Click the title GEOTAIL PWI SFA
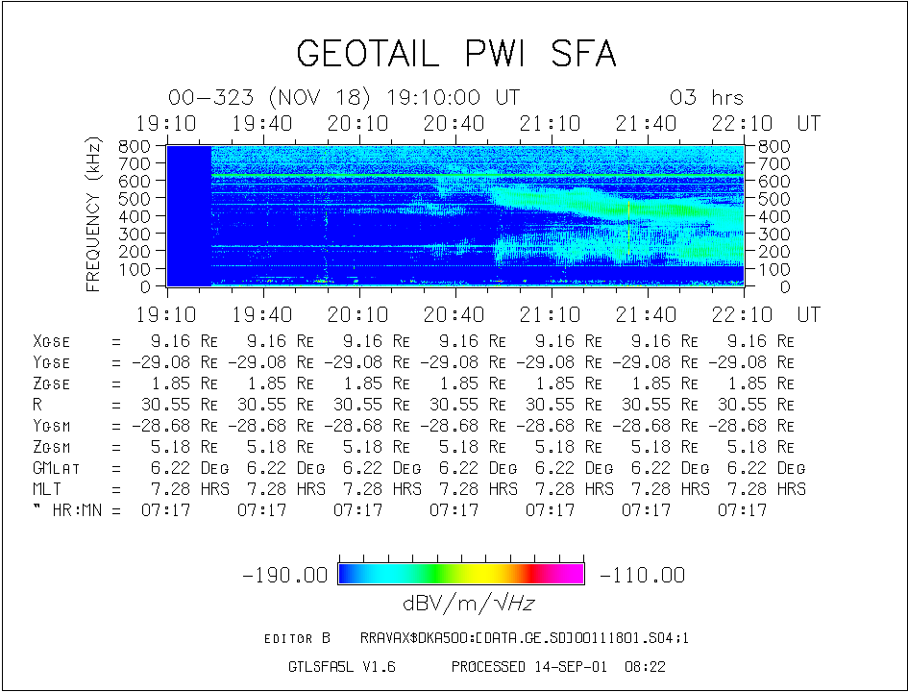pyautogui.click(x=455, y=54)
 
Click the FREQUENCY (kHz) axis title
pyautogui.click(x=94, y=215)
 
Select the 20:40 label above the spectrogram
pyautogui.click(x=454, y=123)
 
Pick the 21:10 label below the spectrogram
pyautogui.click(x=551, y=314)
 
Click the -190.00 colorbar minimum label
pyautogui.click(x=287, y=576)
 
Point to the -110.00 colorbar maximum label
pyautogui.click(x=642, y=576)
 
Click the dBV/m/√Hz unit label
pyautogui.click(x=462, y=604)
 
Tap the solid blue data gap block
pyautogui.click(x=188, y=215)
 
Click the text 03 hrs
pyautogui.click(x=706, y=98)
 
